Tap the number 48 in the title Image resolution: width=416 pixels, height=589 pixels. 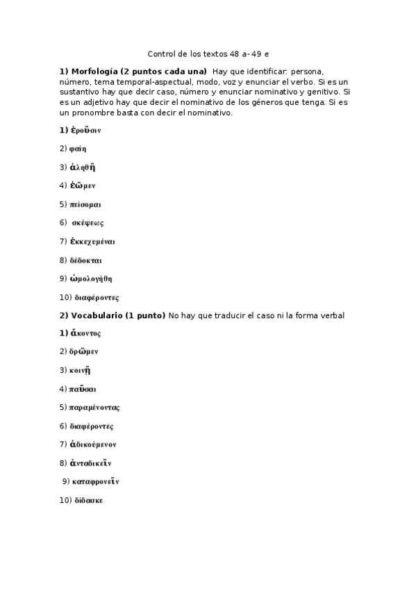click(238, 53)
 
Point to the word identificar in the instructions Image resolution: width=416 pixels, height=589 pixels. click(265, 72)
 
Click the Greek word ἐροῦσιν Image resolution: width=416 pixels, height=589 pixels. click(85, 130)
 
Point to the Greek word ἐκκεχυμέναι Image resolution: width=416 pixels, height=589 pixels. click(92, 242)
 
